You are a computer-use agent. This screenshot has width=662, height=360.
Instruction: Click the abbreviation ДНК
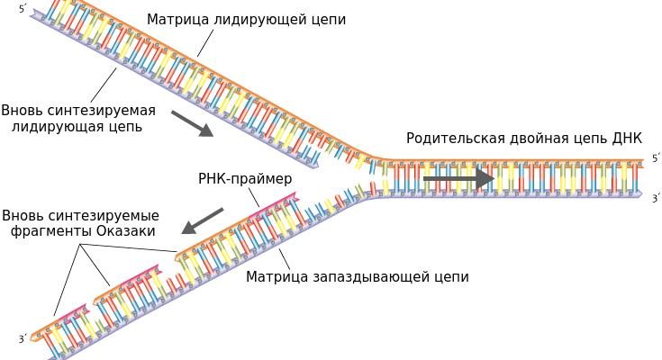click(x=627, y=139)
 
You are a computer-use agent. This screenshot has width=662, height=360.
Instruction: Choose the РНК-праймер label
click(x=245, y=179)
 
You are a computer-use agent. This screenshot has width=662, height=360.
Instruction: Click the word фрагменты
click(x=50, y=231)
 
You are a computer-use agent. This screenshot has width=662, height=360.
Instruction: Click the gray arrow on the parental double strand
click(x=458, y=178)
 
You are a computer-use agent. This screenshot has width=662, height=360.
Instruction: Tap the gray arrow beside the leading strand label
click(x=192, y=123)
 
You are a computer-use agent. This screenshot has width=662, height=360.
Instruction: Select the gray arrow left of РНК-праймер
click(x=202, y=220)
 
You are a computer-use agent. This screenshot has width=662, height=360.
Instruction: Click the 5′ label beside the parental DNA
click(x=656, y=159)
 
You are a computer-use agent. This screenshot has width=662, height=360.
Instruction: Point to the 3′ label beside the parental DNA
click(x=656, y=198)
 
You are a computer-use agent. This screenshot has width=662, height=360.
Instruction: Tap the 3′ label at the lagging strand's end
click(x=23, y=339)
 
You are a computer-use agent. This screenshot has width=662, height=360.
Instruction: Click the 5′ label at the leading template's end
click(x=23, y=9)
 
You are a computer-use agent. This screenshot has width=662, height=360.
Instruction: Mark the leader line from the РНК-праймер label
click(x=253, y=197)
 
